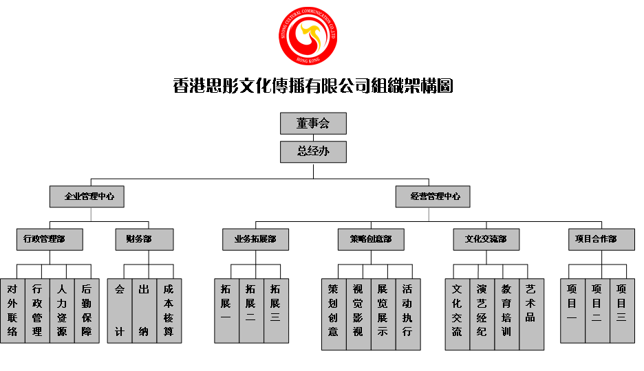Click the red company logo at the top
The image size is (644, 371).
point(308,36)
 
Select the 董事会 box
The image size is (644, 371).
point(313,124)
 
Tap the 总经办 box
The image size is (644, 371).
point(313,152)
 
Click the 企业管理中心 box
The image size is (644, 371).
point(87,196)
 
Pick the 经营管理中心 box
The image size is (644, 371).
point(433,196)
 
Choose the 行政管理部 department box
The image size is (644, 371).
point(50,240)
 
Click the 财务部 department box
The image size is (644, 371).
point(144,240)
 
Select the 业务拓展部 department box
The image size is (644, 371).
point(255,240)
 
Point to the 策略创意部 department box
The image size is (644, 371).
point(371,240)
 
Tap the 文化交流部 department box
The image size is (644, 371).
point(486,240)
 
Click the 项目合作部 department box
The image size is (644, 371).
point(601,240)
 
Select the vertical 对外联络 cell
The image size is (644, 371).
point(12,311)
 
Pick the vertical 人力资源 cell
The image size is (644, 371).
point(62,311)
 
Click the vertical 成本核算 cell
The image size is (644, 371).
point(169,311)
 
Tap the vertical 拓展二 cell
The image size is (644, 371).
point(251,311)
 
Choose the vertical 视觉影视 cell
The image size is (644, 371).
point(358,314)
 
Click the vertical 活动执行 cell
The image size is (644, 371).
point(408,314)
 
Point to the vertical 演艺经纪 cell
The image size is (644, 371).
point(482,314)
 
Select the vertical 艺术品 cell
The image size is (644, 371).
point(531,314)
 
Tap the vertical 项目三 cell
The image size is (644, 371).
point(622,311)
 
